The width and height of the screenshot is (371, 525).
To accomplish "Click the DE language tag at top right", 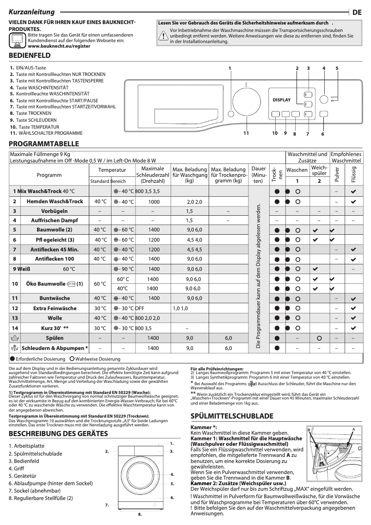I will [x=357, y=13].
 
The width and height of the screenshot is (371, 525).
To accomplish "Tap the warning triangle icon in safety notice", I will [x=163, y=37].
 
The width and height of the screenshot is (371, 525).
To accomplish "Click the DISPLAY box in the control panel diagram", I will [x=281, y=100].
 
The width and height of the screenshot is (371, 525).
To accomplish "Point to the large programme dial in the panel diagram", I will [x=246, y=102].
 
